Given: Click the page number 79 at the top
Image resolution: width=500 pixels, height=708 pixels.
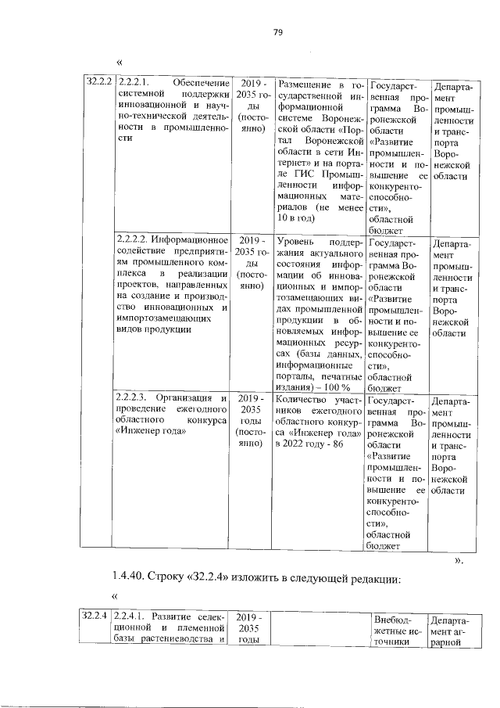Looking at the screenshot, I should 277,32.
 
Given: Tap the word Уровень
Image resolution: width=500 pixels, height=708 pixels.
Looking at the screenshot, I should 295,239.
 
